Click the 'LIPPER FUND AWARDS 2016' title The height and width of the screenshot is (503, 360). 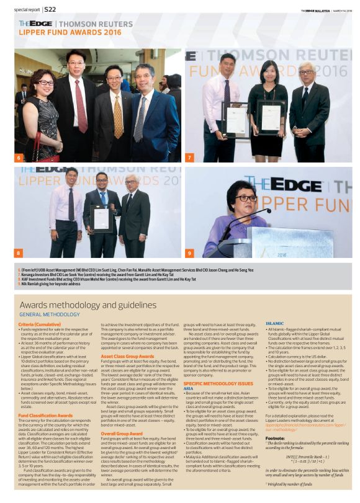pyautogui.click(x=70, y=31)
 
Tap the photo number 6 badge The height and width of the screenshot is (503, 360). pyautogui.click(x=19, y=158)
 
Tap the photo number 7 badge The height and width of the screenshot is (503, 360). pyautogui.click(x=189, y=158)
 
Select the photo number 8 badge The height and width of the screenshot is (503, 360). pyautogui.click(x=19, y=253)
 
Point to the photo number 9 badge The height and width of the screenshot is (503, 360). pyautogui.click(x=189, y=253)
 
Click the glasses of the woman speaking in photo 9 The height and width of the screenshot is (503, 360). pyautogui.click(x=246, y=198)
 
